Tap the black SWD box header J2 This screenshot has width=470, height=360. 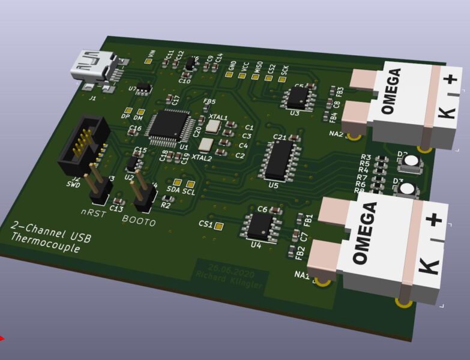click(83, 146)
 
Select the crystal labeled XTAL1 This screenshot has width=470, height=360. click(212, 126)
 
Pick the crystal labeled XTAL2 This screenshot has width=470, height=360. click(205, 144)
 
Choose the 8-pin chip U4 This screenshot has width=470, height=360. click(260, 225)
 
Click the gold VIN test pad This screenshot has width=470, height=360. click(148, 61)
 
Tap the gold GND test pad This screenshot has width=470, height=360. click(231, 76)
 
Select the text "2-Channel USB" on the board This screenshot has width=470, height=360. click(51, 231)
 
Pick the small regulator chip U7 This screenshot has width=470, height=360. click(143, 87)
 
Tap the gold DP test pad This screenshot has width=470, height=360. click(128, 111)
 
